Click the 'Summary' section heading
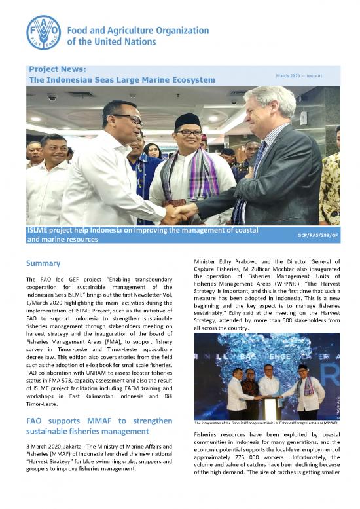click(x=43, y=263)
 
